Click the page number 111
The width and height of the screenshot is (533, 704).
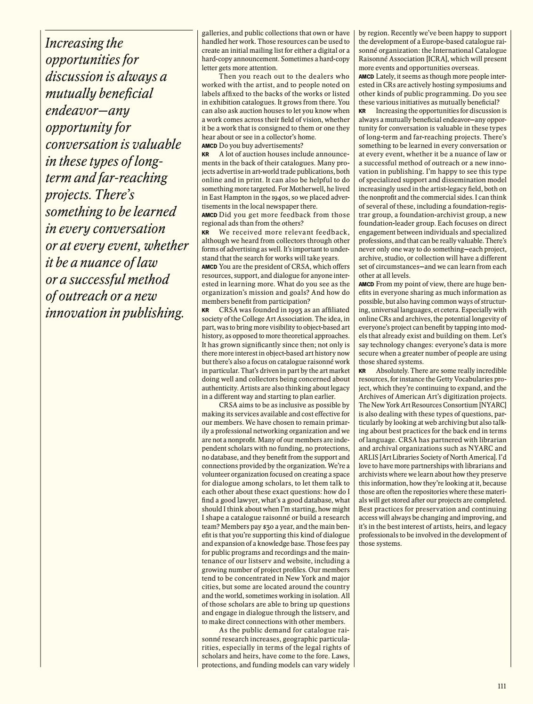coord(501,686)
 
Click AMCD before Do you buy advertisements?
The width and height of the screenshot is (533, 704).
coord(210,146)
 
